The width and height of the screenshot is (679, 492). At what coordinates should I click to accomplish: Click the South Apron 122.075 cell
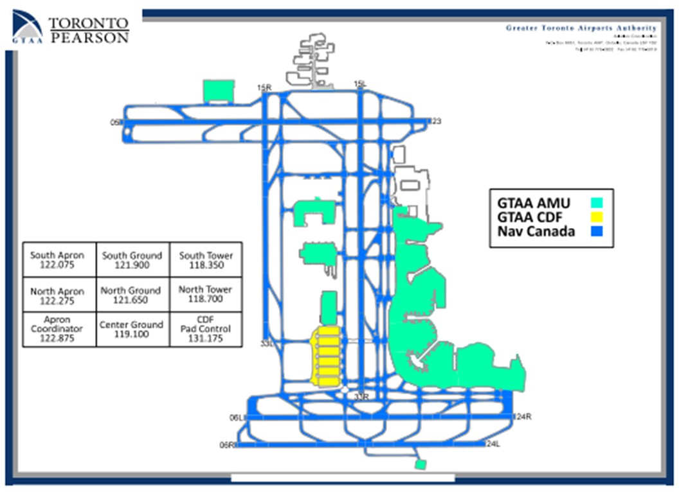tap(59, 259)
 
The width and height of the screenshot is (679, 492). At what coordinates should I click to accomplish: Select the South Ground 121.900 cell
tap(132, 259)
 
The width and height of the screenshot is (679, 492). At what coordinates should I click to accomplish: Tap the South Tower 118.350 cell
tap(206, 259)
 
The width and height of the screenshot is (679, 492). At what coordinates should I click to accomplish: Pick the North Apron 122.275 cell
tap(59, 295)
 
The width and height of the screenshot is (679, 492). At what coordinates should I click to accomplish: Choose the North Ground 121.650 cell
tap(132, 295)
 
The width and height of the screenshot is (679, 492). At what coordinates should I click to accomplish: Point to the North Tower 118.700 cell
tap(206, 295)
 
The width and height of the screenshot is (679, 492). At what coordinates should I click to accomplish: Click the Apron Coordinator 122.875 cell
tap(59, 329)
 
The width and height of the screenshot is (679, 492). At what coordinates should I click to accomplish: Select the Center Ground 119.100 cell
tap(132, 329)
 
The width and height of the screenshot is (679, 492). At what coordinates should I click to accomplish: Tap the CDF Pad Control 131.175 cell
tap(206, 329)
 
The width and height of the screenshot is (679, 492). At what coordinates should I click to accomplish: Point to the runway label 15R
tap(263, 87)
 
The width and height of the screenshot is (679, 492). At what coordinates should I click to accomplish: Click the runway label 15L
tap(360, 84)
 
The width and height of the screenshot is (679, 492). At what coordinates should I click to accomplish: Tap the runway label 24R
tap(523, 417)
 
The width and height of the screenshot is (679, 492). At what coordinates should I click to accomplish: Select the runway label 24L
tap(493, 444)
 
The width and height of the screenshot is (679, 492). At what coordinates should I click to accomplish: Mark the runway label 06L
tap(237, 418)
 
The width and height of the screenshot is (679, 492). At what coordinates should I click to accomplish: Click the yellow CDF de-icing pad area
tap(326, 356)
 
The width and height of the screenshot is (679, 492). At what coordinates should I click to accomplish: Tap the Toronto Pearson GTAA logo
tap(71, 29)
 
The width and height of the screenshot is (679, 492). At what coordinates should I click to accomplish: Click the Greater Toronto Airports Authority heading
tap(581, 28)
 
